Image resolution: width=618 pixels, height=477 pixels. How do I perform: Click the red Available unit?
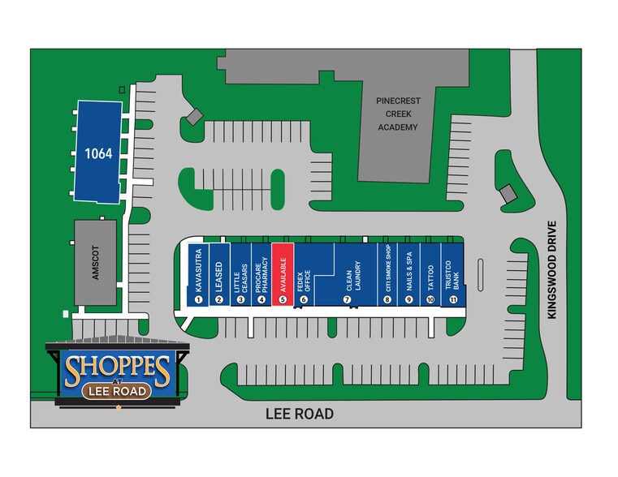pyautogui.click(x=282, y=272)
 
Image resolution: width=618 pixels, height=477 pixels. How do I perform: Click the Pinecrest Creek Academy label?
pyautogui.click(x=397, y=114)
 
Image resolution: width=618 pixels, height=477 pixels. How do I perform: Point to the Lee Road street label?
pyautogui.click(x=300, y=414)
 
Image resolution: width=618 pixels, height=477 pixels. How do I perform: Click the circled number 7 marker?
pyautogui.click(x=347, y=299)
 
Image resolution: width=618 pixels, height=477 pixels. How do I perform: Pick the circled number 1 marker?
pyautogui.click(x=198, y=299)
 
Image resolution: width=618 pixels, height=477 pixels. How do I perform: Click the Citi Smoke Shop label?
pyautogui.click(x=388, y=269)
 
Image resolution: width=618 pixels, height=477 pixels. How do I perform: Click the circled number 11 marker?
pyautogui.click(x=452, y=299)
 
